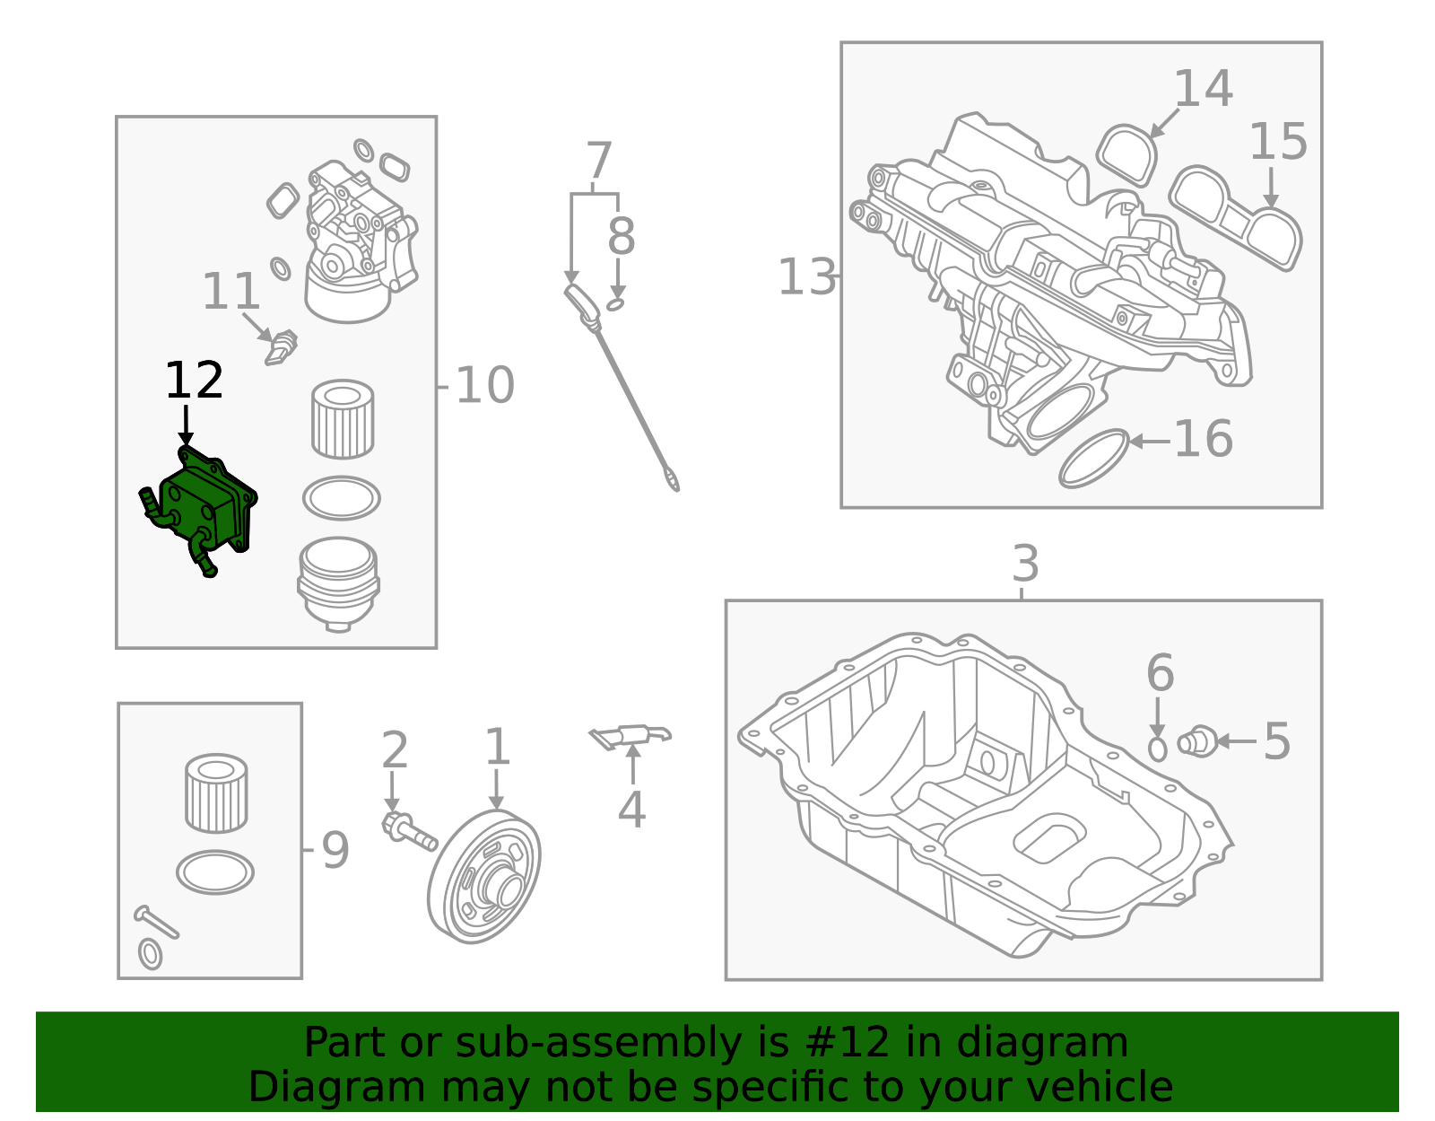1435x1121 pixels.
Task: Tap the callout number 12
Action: click(194, 381)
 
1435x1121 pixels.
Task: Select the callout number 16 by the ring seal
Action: click(1203, 440)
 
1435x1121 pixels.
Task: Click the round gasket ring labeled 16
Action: click(1093, 459)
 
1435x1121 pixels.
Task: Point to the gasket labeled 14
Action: click(1127, 154)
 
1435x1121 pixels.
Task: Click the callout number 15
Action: click(1277, 143)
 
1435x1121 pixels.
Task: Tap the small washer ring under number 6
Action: click(1158, 749)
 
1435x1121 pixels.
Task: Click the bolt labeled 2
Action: click(408, 830)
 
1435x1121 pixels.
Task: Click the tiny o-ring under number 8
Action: click(615, 305)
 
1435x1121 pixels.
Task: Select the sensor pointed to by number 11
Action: click(281, 347)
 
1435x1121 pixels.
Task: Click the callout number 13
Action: click(805, 277)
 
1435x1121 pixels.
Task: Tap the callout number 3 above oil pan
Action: click(1025, 565)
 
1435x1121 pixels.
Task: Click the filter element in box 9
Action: click(215, 793)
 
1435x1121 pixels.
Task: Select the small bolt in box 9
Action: click(156, 923)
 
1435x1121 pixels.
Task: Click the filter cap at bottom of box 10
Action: click(338, 582)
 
